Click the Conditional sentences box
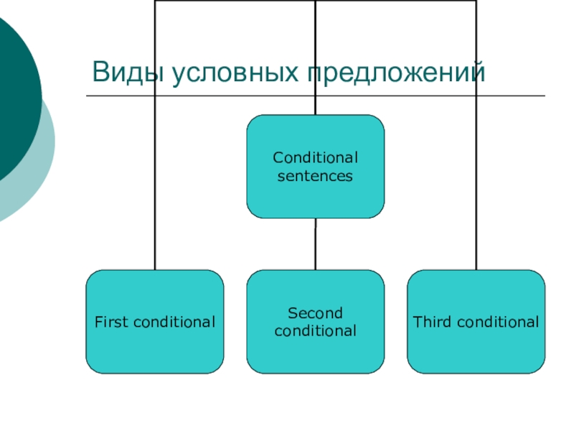click(x=315, y=166)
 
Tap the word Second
click(x=315, y=313)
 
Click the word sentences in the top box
click(x=315, y=175)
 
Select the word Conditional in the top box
click(x=315, y=157)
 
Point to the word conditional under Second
click(x=315, y=331)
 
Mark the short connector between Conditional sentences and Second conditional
click(x=315, y=244)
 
